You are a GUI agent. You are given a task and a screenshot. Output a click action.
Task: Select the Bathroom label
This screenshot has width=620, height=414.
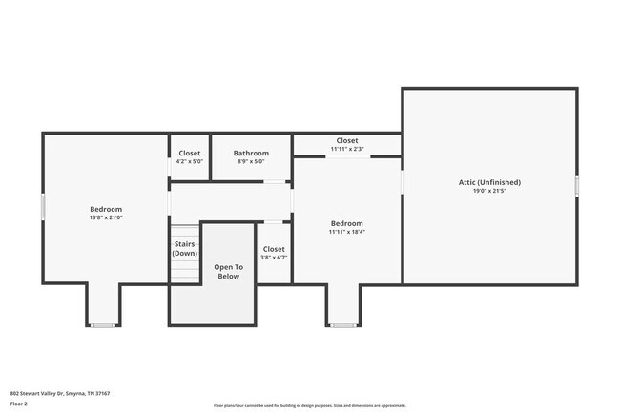click(251, 153)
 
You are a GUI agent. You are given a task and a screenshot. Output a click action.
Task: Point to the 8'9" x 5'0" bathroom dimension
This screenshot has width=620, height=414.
click(251, 161)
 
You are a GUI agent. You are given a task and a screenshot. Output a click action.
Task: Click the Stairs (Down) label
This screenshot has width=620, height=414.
click(184, 248)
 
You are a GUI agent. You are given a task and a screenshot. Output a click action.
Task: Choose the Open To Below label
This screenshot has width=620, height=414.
click(228, 272)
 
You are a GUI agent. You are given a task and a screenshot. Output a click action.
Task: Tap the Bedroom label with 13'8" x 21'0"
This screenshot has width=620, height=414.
click(106, 209)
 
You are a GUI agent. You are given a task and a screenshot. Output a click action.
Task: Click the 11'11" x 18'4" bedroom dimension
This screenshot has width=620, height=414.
click(347, 232)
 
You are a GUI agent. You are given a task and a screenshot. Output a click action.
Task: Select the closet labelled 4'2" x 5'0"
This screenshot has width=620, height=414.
click(190, 157)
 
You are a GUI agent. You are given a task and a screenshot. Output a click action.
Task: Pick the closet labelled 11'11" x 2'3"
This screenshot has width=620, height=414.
click(347, 144)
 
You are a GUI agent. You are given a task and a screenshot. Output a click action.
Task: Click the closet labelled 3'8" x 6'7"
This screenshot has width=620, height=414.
click(274, 253)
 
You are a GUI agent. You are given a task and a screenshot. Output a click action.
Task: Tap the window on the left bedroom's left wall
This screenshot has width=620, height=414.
click(42, 206)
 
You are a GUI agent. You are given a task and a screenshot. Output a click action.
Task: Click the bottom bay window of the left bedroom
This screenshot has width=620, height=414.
click(103, 326)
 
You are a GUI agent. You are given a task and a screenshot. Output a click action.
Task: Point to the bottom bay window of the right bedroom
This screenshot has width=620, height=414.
click(343, 326)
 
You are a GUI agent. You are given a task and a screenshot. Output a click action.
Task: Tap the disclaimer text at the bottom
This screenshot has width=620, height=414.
click(309, 405)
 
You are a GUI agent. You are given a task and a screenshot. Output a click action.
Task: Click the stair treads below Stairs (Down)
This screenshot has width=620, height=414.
click(184, 271)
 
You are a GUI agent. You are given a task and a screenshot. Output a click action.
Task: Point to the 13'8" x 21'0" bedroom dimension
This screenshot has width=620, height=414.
click(106, 217)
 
